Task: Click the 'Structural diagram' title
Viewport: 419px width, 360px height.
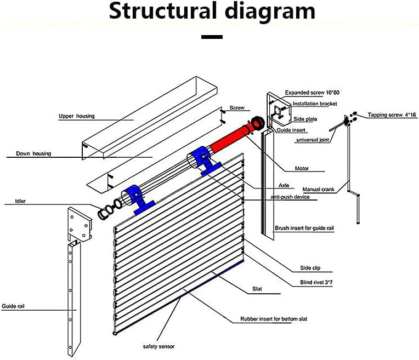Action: click(x=212, y=12)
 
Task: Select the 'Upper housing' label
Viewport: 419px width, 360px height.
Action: click(x=77, y=116)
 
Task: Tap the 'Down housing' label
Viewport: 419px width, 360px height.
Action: click(x=33, y=154)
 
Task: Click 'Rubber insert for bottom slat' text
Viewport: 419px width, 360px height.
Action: click(x=272, y=318)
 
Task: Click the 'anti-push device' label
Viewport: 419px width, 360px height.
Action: click(x=290, y=197)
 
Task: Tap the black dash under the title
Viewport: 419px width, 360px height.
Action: click(x=212, y=37)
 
